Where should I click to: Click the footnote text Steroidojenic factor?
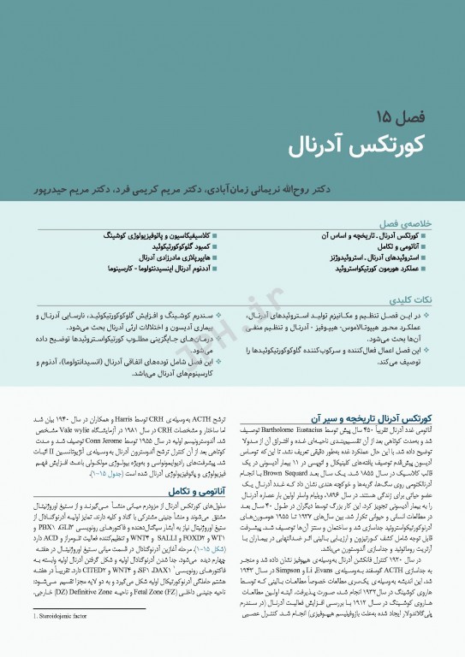59,638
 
